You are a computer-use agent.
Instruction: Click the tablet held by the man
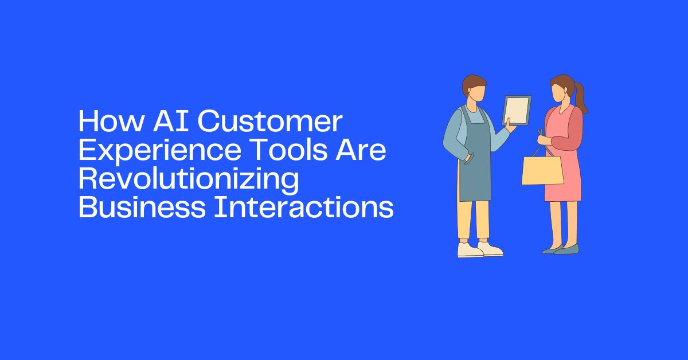(517, 110)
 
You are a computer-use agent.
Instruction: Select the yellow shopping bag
(542, 170)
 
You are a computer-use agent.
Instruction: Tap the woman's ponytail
(581, 97)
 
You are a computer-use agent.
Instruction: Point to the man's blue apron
(475, 166)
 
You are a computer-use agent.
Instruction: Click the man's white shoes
(479, 249)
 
